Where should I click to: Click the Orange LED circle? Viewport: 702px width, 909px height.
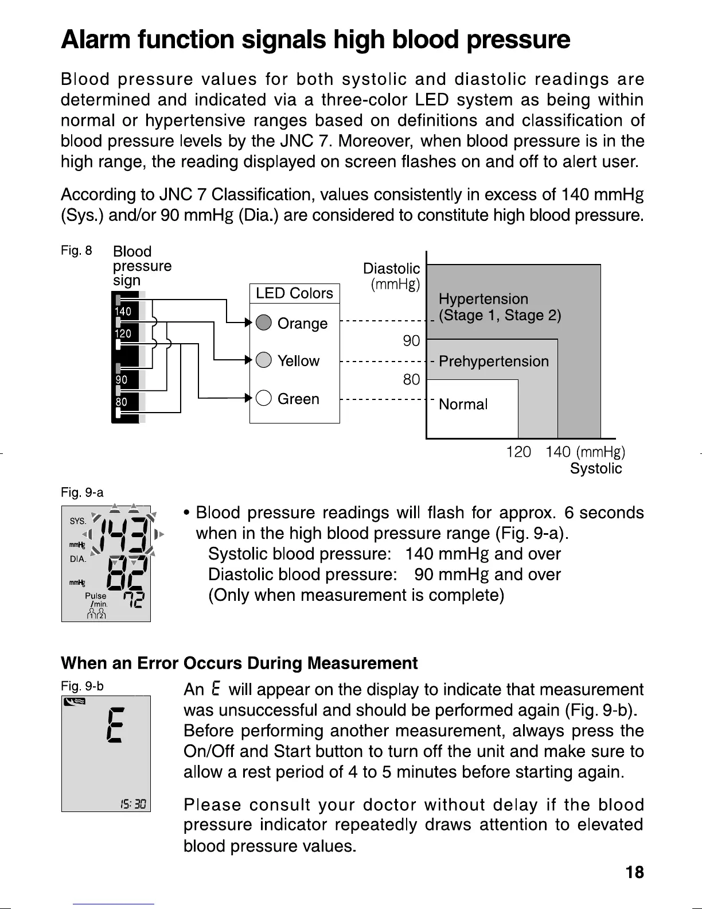[x=263, y=323]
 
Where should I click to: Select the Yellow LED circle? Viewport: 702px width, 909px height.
[x=263, y=360]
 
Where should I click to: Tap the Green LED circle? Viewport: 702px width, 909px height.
[x=263, y=398]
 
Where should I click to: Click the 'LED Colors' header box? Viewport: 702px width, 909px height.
[x=294, y=293]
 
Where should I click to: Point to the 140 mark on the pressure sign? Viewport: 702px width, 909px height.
[x=123, y=312]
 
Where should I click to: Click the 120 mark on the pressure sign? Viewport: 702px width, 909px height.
[x=123, y=333]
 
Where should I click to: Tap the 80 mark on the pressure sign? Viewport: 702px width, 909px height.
[x=122, y=402]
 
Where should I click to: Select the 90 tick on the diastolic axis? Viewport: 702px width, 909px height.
[x=411, y=341]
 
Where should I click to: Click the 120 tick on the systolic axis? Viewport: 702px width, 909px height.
[x=518, y=452]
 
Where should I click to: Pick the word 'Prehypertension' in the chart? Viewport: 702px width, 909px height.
[x=493, y=362]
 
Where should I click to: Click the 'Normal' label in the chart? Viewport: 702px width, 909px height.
[x=463, y=405]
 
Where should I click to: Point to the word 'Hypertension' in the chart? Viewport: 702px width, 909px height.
[x=483, y=299]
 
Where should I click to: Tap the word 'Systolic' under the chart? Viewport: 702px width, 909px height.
[x=595, y=469]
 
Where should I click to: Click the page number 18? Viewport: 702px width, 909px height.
[x=634, y=873]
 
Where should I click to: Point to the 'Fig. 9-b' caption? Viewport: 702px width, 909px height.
[x=82, y=686]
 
